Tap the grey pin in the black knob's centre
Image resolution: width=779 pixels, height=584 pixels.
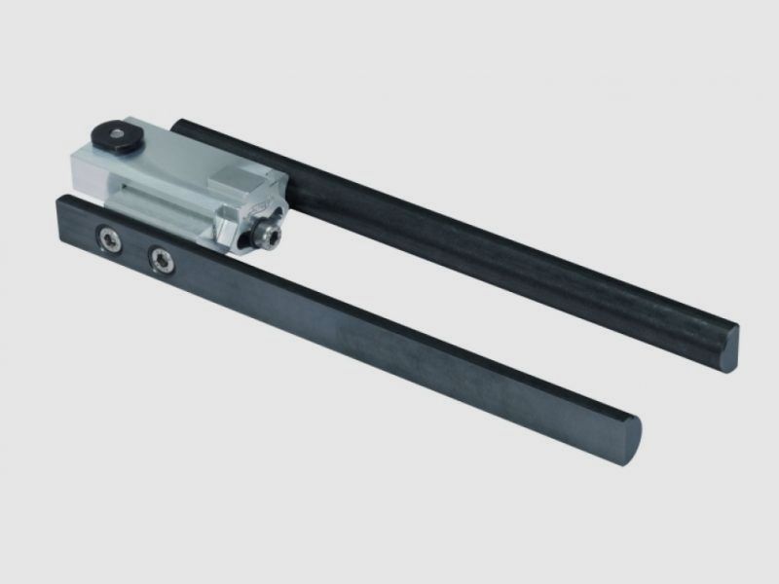116,129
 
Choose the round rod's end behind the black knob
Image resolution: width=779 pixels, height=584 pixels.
185,127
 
